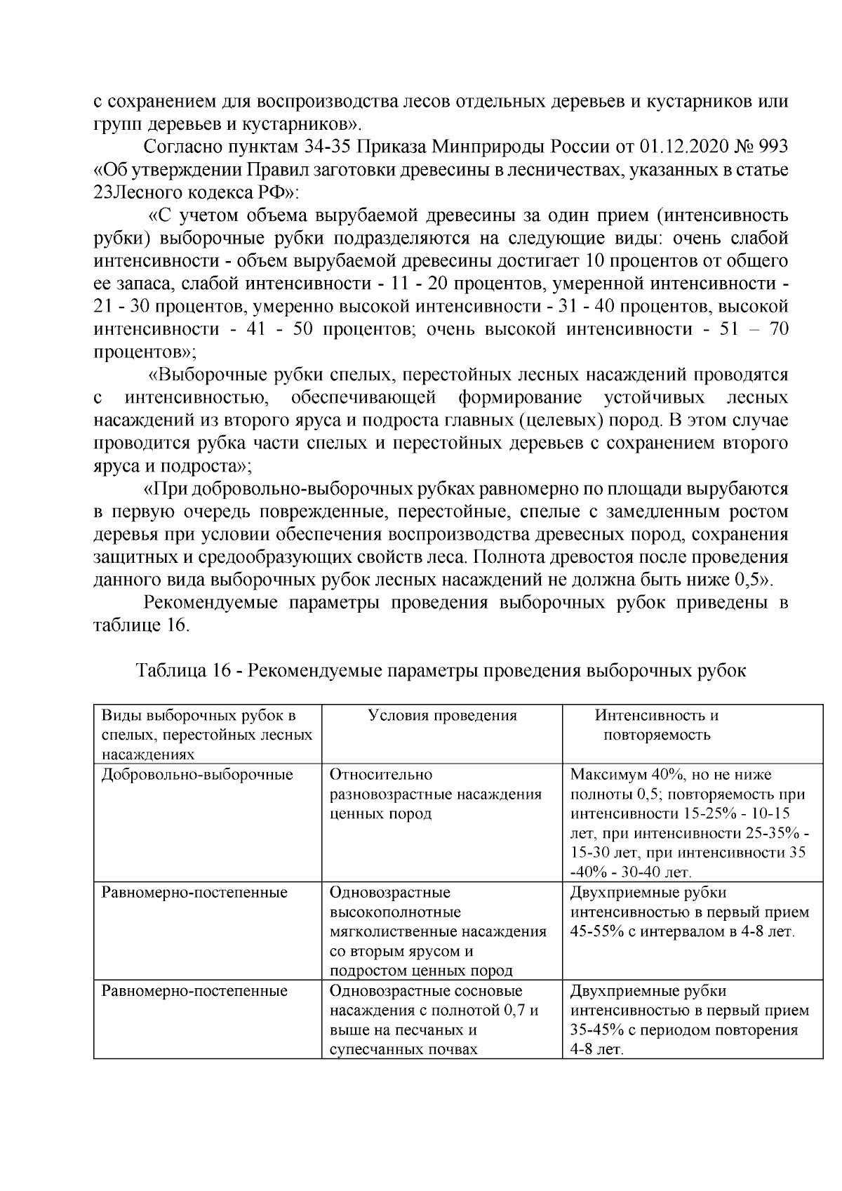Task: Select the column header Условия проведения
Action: tap(442, 716)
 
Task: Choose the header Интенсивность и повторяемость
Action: tap(657, 725)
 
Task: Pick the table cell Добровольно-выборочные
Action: tap(197, 775)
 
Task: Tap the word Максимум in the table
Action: tap(606, 775)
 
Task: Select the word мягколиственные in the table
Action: tap(385, 932)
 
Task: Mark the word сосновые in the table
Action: tap(488, 991)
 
